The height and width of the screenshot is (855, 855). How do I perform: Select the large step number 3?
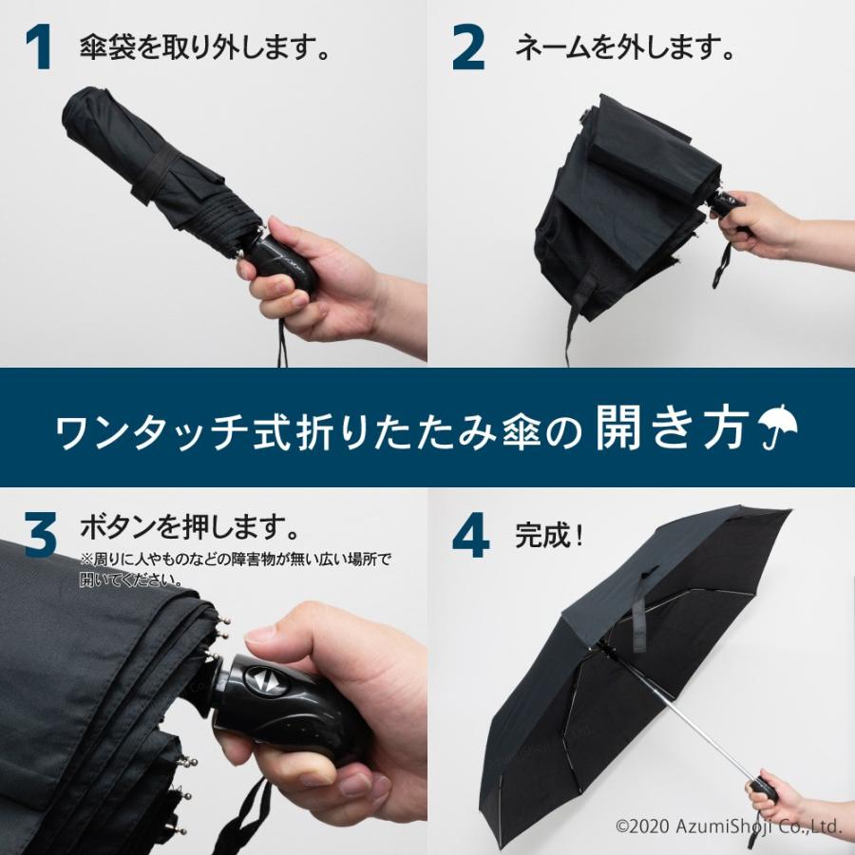[40, 536]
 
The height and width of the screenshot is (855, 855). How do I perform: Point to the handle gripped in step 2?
[724, 207]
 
